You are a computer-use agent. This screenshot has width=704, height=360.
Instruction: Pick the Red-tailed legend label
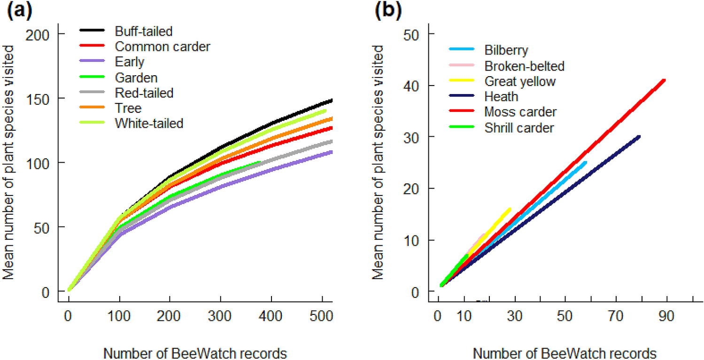pos(144,93)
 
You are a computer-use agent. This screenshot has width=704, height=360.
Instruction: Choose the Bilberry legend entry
pos(506,50)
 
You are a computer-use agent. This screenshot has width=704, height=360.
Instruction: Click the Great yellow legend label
pos(520,81)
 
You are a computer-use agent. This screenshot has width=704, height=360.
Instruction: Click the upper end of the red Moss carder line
pos(664,80)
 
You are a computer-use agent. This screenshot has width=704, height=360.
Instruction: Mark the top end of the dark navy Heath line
pos(639,137)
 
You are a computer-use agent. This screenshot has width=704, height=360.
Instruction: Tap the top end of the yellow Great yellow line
pos(510,209)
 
